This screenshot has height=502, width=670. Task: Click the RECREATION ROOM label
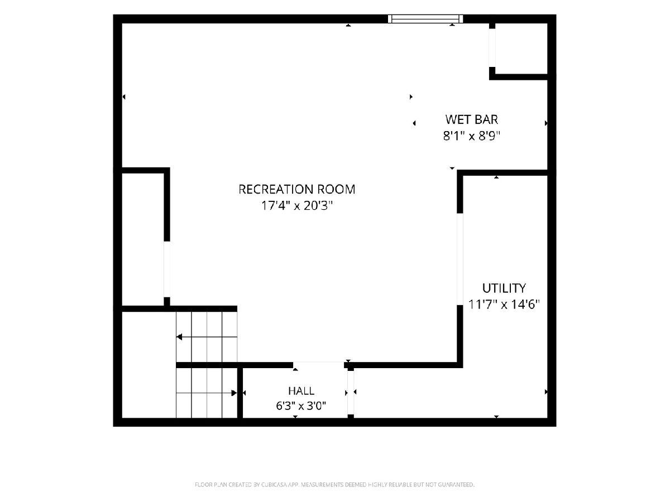pyautogui.click(x=296, y=189)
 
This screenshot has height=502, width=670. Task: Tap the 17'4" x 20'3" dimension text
pyautogui.click(x=296, y=205)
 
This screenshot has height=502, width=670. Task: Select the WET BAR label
pyautogui.click(x=472, y=119)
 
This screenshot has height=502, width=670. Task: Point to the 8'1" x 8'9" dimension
pyautogui.click(x=472, y=136)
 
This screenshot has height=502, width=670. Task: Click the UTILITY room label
pyautogui.click(x=504, y=288)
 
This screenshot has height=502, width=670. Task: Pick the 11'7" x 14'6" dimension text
pyautogui.click(x=504, y=304)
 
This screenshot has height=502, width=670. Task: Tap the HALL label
pyautogui.click(x=301, y=391)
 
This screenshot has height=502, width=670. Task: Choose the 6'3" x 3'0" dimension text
pyautogui.click(x=301, y=406)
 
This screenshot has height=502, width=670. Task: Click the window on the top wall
pyautogui.click(x=425, y=19)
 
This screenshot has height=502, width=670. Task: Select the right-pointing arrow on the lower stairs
pyautogui.click(x=207, y=393)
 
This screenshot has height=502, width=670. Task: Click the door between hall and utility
pyautogui.click(x=351, y=393)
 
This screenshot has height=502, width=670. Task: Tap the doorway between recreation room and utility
pyautogui.click(x=460, y=259)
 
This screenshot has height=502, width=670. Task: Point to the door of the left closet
pyautogui.click(x=166, y=269)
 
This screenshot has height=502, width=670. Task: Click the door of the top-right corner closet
pyautogui.click(x=492, y=48)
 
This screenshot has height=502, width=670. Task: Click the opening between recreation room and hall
pyautogui.click(x=319, y=365)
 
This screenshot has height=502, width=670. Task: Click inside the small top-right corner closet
pyautogui.click(x=521, y=49)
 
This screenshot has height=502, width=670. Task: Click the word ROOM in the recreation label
pyautogui.click(x=336, y=189)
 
